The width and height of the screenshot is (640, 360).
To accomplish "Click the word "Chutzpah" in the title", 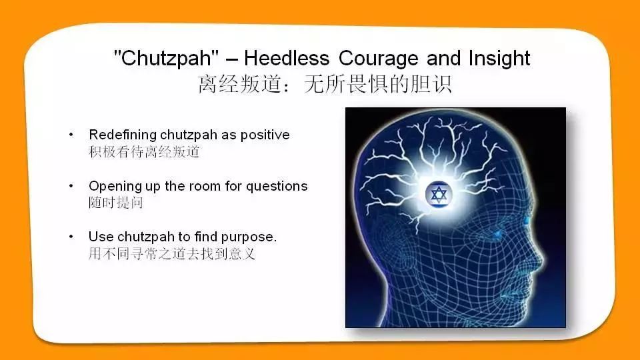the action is tap(166, 58).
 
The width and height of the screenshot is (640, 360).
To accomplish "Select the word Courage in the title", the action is tap(379, 59).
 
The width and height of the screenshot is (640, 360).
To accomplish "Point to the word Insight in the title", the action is tap(499, 59).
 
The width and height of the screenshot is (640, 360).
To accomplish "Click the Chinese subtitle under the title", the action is tap(325, 84).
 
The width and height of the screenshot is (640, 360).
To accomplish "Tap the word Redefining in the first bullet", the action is tap(123, 135).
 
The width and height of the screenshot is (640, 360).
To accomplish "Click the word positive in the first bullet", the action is tap(265, 135).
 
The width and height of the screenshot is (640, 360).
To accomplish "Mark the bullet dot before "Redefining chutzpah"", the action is tap(71, 134).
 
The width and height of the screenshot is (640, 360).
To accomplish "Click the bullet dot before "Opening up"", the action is tap(71, 186).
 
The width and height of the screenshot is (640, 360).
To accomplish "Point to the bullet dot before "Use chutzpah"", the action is tap(71, 236).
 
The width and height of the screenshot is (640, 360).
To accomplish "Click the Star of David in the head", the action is tap(439, 194).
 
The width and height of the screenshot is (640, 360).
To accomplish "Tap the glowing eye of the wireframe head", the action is tap(499, 233).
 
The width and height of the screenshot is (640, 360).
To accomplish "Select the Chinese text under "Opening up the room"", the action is tap(116, 203).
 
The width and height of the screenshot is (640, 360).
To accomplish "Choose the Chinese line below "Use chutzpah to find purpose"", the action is tap(172, 254).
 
